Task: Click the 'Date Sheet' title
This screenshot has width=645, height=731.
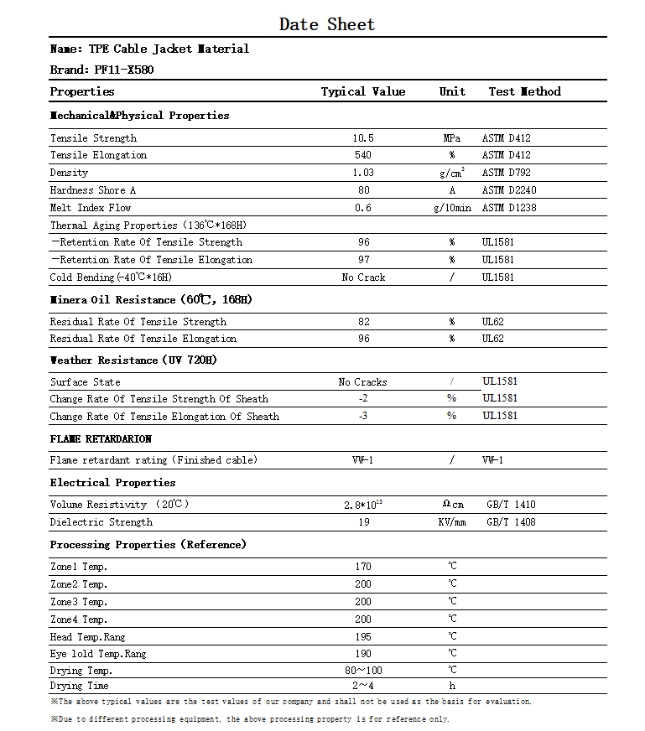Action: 327,24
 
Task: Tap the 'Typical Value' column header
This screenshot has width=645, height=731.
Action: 362,91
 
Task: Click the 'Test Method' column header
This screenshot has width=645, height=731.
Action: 524,91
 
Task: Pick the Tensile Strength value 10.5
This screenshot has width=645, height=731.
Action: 363,138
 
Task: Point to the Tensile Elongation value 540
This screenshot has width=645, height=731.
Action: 363,155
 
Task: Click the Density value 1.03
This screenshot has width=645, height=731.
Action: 363,173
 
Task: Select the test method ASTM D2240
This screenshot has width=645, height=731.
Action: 510,190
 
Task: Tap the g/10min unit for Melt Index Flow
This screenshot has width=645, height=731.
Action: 452,208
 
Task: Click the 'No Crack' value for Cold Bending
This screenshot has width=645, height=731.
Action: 363,277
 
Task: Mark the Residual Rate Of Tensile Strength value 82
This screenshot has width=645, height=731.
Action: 363,322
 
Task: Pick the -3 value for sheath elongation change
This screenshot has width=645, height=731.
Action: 363,417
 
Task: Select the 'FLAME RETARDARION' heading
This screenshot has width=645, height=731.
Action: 101,438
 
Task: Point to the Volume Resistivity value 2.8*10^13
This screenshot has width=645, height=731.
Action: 363,505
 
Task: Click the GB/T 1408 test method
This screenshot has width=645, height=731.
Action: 511,522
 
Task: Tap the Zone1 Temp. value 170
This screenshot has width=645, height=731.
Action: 363,567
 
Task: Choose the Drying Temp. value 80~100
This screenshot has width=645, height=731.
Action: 363,671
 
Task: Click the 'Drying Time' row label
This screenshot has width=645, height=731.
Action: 79,687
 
